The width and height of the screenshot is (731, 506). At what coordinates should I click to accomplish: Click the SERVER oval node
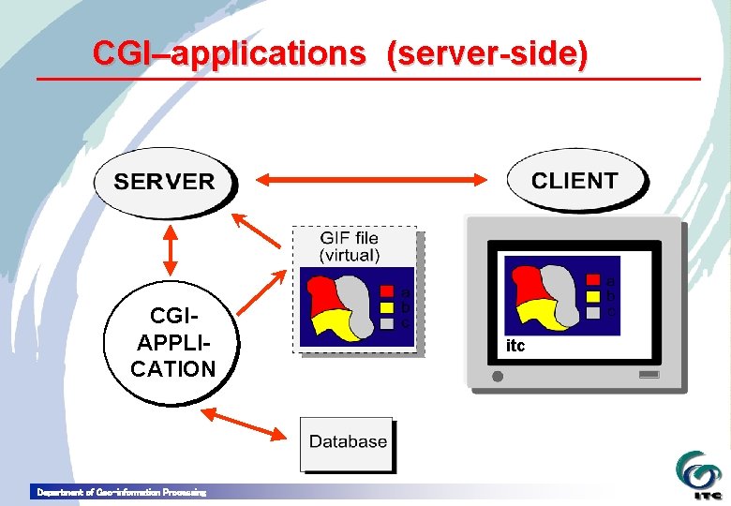tap(164, 182)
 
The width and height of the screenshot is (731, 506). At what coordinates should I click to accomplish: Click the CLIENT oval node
tap(574, 181)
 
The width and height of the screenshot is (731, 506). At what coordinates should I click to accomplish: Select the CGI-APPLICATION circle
tap(172, 342)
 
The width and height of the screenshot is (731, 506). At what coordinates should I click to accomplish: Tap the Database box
tap(348, 442)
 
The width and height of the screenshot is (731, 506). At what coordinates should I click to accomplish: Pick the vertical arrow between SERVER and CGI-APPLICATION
tap(171, 247)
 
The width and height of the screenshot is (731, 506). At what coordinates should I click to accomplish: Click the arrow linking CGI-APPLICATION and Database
tap(246, 424)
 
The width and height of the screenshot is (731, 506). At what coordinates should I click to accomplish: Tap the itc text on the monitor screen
tap(515, 347)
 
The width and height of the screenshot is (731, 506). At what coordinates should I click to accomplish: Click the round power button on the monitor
tap(498, 377)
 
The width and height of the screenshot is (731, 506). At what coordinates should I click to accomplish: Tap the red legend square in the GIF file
tap(386, 288)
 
